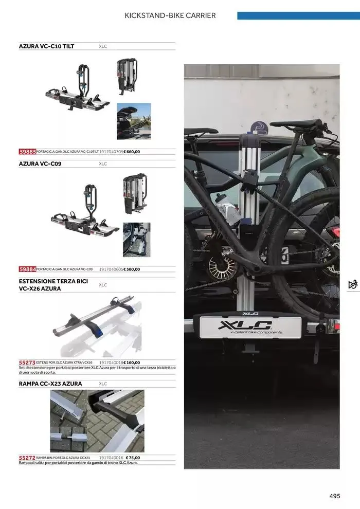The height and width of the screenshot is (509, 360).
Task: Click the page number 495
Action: (x=335, y=496)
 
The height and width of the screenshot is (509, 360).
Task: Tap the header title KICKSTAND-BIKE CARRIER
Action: (x=170, y=15)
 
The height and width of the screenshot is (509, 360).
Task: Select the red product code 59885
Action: (x=27, y=152)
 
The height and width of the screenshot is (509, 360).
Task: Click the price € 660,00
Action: (x=132, y=152)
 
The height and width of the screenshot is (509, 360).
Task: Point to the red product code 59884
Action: (x=27, y=269)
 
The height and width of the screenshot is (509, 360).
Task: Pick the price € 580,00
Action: (x=132, y=269)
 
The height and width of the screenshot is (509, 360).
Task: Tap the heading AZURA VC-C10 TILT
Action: (x=46, y=46)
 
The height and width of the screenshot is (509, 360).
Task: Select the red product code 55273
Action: (x=27, y=362)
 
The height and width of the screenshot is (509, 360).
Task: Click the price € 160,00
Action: (x=132, y=362)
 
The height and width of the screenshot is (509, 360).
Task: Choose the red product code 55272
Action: (x=27, y=458)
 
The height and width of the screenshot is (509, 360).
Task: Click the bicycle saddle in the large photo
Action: (x=296, y=123)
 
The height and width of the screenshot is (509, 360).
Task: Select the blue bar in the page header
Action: (x=298, y=15)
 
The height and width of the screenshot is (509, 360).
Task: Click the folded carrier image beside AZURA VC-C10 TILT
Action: (x=126, y=76)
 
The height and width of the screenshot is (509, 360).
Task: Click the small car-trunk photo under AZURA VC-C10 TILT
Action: (x=134, y=121)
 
